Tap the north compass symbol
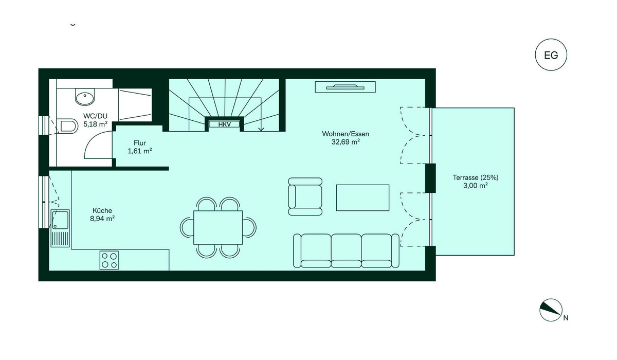pyautogui.click(x=551, y=310)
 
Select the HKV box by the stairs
pyautogui.click(x=225, y=124)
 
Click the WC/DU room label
pyautogui.click(x=95, y=116)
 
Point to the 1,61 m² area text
pyautogui.click(x=140, y=151)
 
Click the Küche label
pyautogui.click(x=102, y=211)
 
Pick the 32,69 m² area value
pyautogui.click(x=346, y=142)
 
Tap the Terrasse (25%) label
pyautogui.click(x=476, y=177)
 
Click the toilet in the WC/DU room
pyautogui.click(x=67, y=127)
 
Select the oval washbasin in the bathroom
pyautogui.click(x=85, y=97)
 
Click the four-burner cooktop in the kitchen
pyautogui.click(x=109, y=260)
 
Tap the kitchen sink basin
pyautogui.click(x=61, y=220)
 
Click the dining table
pyautogui.click(x=218, y=227)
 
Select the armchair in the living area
pyautogui.click(x=305, y=196)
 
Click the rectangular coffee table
pyautogui.click(x=363, y=198)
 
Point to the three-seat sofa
pyautogui.click(x=346, y=250)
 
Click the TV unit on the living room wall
pyautogui.click(x=346, y=87)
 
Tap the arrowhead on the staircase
pyautogui.click(x=261, y=129)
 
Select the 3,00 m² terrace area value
pyautogui.click(x=476, y=186)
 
